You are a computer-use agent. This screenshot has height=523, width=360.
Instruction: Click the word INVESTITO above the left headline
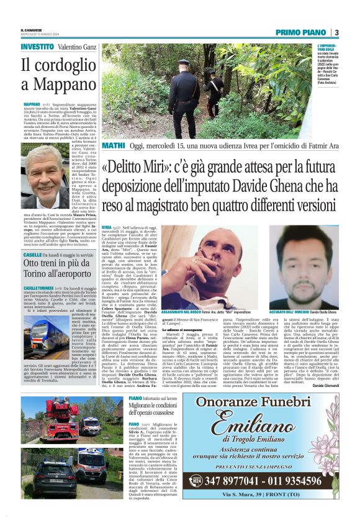[37, 47]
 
